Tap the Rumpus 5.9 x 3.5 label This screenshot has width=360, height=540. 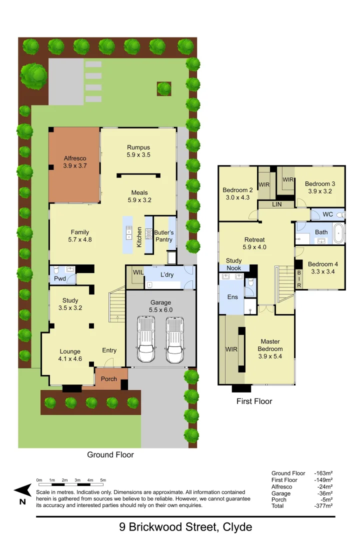[x=138, y=151]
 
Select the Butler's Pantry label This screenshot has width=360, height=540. [x=163, y=236]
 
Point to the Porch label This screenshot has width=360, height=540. [x=109, y=379]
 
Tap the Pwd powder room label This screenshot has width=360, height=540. [x=59, y=278]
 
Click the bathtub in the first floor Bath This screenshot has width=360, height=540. [x=338, y=233]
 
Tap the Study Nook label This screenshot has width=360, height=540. [x=233, y=264]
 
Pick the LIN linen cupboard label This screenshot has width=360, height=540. [x=276, y=204]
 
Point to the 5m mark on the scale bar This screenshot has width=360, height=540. [x=103, y=480]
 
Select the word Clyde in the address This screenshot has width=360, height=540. [x=234, y=527]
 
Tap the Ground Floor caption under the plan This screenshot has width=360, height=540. [x=110, y=454]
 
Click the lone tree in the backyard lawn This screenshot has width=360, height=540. [x=163, y=88]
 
